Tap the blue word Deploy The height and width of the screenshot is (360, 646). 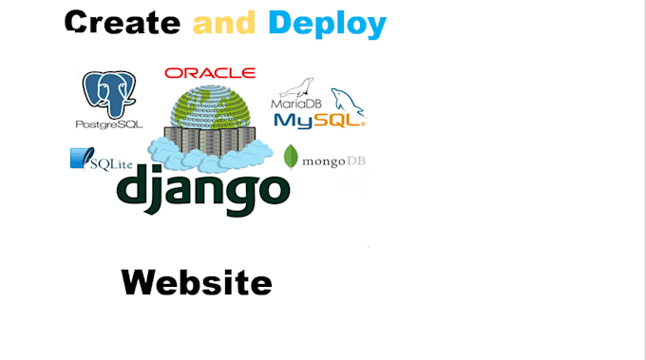coord(327,24)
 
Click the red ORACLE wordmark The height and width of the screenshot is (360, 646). coord(209,73)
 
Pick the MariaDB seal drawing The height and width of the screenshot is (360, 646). coord(301,87)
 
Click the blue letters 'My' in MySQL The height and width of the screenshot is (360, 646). coord(290,120)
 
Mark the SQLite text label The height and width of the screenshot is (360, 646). coord(110,165)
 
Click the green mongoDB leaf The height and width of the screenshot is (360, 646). coord(291,158)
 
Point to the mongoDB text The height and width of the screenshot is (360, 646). coord(332,161)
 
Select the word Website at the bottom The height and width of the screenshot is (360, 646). coord(197,282)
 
